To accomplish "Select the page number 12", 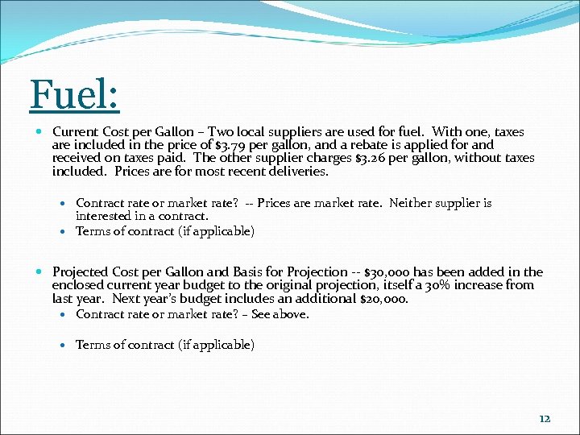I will [x=545, y=418].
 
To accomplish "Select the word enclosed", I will [x=79, y=285].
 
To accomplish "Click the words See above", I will [x=280, y=314].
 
